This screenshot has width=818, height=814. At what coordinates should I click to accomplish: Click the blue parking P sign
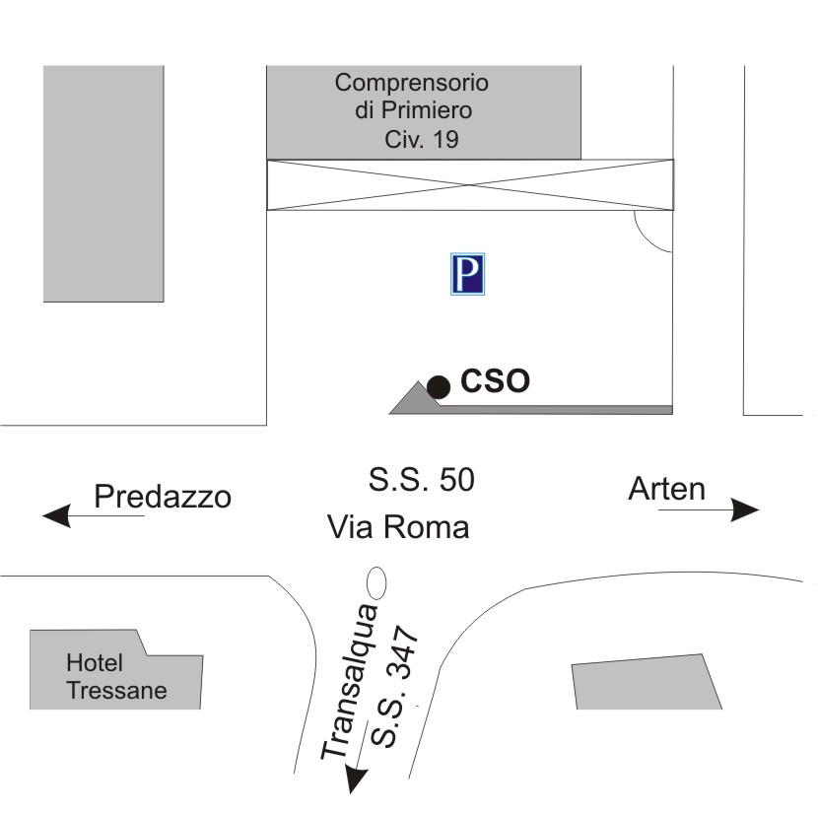point(468,274)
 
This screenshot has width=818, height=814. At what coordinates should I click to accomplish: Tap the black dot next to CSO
point(439,387)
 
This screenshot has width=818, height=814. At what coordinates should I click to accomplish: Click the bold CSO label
point(496,381)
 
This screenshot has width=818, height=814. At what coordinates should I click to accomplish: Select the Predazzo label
point(163,497)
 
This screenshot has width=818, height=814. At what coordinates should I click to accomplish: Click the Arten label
point(667,489)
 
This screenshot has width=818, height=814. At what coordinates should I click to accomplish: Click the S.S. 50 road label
point(421,480)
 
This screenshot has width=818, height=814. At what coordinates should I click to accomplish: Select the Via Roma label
point(398,527)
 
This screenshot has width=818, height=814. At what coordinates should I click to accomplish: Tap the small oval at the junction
point(375,582)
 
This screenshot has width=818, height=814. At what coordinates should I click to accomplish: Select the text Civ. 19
point(421,140)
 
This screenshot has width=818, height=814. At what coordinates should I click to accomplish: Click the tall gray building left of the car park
point(103,182)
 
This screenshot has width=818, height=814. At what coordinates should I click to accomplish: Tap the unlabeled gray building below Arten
point(647,683)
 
